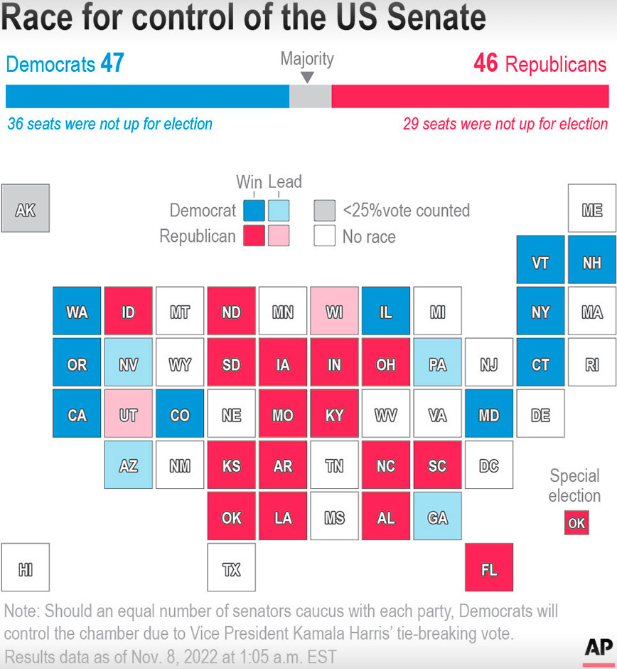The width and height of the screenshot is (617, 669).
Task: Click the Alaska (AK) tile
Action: [26, 209]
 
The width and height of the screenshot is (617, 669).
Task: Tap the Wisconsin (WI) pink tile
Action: [334, 311]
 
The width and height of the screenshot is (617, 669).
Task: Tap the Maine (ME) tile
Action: [591, 209]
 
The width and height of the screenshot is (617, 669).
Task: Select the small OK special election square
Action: [576, 522]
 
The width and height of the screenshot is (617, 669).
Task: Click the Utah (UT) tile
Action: [129, 413]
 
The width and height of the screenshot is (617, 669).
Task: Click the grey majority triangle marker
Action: [307, 77]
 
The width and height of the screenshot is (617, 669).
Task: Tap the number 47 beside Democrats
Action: [112, 63]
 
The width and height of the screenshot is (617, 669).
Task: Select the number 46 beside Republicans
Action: [485, 63]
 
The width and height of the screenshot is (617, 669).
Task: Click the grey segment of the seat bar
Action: [310, 96]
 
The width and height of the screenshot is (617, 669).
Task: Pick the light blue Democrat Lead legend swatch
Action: [279, 210]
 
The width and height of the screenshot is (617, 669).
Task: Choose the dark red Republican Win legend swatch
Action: [254, 236]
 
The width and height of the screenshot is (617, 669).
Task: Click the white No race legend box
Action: [324, 236]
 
